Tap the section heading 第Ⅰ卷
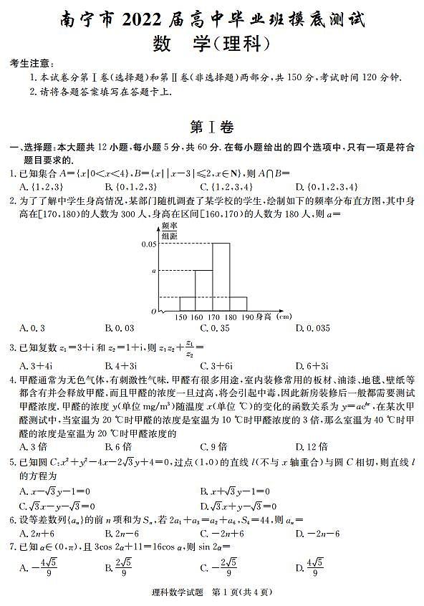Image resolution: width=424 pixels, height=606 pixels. [212, 128]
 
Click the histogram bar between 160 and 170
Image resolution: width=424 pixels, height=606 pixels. [204, 291]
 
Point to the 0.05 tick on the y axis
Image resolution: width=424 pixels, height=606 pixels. [148, 244]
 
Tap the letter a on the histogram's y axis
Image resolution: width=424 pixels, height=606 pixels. [153, 271]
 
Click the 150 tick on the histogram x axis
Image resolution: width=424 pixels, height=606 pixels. [180, 317]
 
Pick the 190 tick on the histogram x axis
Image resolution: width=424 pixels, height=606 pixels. [247, 317]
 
